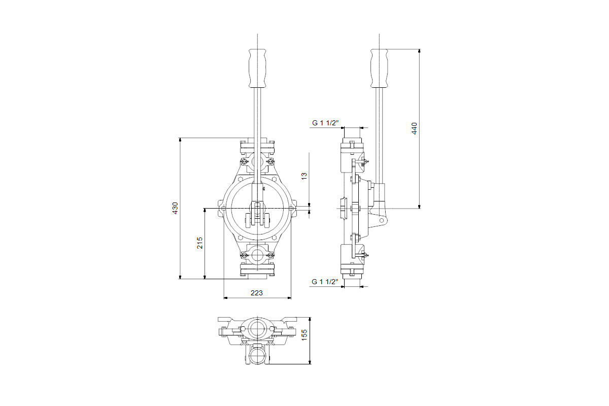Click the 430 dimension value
pos(175,208)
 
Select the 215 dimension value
pos(199,243)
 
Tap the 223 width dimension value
pos(257,293)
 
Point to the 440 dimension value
pos(414,128)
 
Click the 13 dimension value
pos(304,176)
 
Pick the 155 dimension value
pos(304,335)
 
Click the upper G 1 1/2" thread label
pos(325,123)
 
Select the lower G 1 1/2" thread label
pos(325,282)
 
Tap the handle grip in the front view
pos(257,68)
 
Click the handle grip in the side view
pos(379,68)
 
